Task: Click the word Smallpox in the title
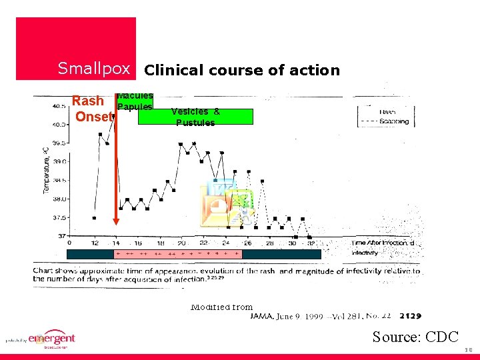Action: tap(93, 68)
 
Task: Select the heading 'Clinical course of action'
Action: tap(242, 70)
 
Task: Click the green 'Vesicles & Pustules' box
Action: tap(195, 117)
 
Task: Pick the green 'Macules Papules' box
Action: tap(135, 102)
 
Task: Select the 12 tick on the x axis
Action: tap(95, 243)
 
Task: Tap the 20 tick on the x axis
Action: tap(181, 243)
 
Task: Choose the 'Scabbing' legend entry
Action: tap(393, 122)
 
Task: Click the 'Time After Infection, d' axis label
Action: tap(383, 243)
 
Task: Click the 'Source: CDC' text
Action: tap(415, 337)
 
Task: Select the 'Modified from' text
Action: tap(221, 307)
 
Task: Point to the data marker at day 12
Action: tap(95, 217)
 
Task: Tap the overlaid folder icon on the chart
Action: tap(227, 203)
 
